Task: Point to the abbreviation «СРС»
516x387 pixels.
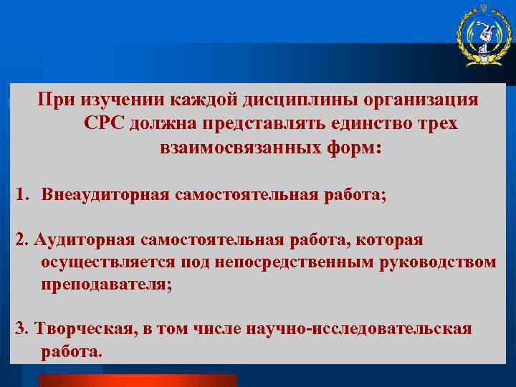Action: pyautogui.click(x=106, y=124)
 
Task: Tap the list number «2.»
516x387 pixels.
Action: pyautogui.click(x=22, y=239)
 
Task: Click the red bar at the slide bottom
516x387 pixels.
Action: pyautogui.click(x=137, y=380)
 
